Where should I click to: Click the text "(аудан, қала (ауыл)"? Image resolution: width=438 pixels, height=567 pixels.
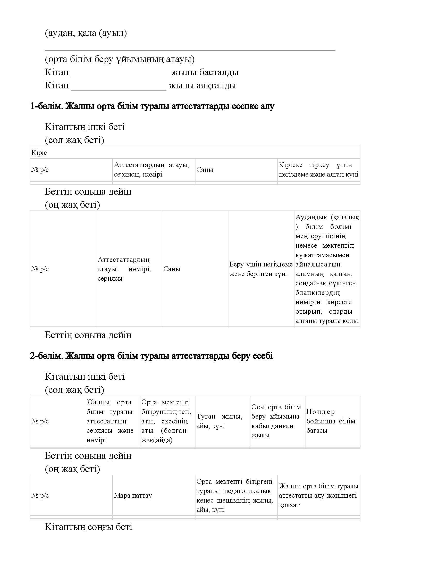click(x=86, y=33)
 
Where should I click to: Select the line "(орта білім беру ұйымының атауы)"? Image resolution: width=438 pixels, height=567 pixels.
click(x=120, y=59)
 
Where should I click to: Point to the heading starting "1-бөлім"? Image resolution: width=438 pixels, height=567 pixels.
click(x=152, y=106)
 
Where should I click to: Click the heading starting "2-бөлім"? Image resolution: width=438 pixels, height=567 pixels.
click(x=151, y=356)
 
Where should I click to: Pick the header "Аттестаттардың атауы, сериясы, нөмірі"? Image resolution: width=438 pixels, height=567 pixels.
click(x=151, y=170)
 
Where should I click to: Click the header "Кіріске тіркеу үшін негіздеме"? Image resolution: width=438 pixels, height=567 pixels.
click(x=318, y=170)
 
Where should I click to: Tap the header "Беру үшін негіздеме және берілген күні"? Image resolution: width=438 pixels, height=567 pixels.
click(x=261, y=269)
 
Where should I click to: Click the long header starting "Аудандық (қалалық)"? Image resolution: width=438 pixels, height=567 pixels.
click(x=327, y=269)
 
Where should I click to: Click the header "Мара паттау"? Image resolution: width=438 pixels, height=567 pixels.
click(x=133, y=495)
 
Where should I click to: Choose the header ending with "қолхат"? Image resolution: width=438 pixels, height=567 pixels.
click(x=318, y=495)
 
